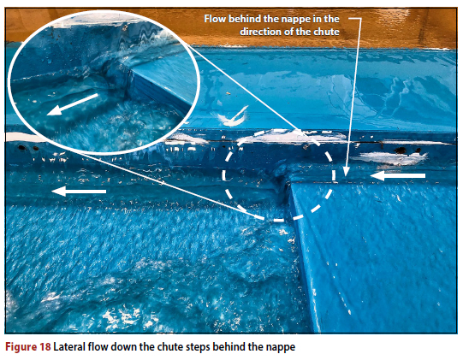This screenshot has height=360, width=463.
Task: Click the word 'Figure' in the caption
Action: (x=20, y=347)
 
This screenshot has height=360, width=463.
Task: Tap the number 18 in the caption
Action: (x=45, y=346)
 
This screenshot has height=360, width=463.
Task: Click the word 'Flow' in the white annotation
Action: (x=215, y=19)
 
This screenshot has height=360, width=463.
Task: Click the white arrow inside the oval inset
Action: (x=73, y=104)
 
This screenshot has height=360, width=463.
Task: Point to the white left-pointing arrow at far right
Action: (x=398, y=176)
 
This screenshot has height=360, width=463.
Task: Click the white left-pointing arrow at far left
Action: (x=79, y=192)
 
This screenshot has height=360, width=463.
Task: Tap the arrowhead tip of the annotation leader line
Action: (x=346, y=177)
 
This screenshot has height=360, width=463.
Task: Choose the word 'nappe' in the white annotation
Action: (x=296, y=20)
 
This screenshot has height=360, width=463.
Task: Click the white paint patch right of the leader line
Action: (x=389, y=158)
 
